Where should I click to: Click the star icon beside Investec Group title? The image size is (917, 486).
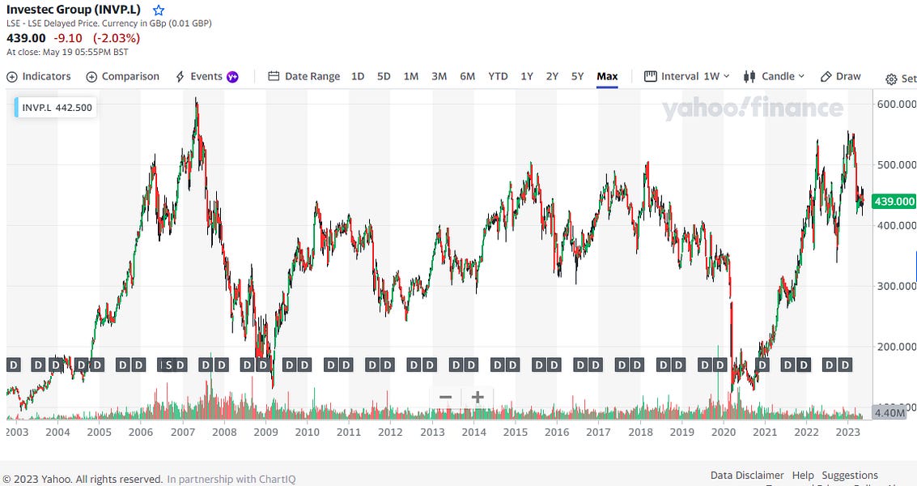(159, 11)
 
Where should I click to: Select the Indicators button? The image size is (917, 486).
(39, 76)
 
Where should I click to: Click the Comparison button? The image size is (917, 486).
(123, 76)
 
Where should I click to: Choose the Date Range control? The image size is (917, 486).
(304, 76)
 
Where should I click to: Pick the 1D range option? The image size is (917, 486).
(358, 76)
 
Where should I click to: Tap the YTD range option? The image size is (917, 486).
(498, 76)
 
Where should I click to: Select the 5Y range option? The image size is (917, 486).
(577, 76)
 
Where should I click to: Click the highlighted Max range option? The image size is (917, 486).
(607, 76)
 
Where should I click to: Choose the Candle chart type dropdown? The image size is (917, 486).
(775, 76)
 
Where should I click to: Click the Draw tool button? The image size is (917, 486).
(841, 76)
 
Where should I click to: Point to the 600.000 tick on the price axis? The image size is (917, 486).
(895, 104)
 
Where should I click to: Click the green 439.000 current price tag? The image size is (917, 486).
(895, 202)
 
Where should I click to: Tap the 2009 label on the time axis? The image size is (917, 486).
(265, 432)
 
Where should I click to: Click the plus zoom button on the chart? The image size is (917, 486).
(478, 397)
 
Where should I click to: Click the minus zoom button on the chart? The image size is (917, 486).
(445, 397)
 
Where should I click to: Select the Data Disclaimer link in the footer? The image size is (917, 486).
(747, 475)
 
